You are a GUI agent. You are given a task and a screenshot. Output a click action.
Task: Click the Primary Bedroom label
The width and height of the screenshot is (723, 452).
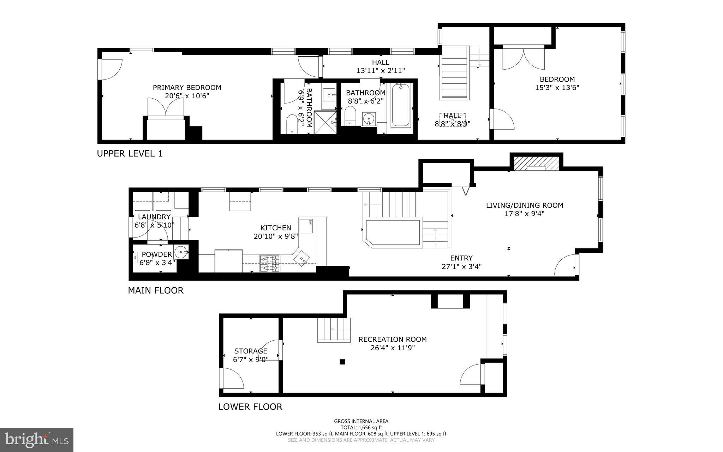pos(187,88)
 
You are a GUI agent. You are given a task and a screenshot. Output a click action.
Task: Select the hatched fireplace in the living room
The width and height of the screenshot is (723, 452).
pos(536,164)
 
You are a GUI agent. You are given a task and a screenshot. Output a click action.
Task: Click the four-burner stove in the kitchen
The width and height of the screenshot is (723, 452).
pos(269,263)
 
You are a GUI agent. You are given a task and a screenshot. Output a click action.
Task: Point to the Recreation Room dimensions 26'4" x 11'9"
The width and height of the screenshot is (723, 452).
pos(392,348)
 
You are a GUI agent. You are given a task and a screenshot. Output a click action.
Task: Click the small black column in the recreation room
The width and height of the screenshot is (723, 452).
pos(342,362)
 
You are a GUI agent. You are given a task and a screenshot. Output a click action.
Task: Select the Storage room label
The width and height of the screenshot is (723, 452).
pos(251,351)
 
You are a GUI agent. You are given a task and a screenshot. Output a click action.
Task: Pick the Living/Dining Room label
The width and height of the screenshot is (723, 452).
pos(524,205)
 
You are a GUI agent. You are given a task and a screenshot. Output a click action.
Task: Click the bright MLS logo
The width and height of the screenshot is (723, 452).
pos(37,440)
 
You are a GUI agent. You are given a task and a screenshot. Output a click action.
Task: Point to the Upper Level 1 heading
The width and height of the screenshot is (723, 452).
pos(130,154)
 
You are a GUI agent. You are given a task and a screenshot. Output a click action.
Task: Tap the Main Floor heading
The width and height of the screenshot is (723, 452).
pos(155,290)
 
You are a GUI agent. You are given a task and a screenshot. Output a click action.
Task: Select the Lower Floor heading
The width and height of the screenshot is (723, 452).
pos(250,407)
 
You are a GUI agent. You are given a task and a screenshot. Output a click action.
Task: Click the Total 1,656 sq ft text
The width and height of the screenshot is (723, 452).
pos(361,427)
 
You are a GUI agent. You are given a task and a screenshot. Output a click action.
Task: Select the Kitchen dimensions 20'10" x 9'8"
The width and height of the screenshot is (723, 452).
pos(276,236)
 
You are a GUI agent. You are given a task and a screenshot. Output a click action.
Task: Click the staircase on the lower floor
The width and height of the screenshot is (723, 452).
pos(334,329)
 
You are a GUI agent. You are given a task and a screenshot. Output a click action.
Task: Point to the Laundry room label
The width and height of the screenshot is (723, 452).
pos(154,217)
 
